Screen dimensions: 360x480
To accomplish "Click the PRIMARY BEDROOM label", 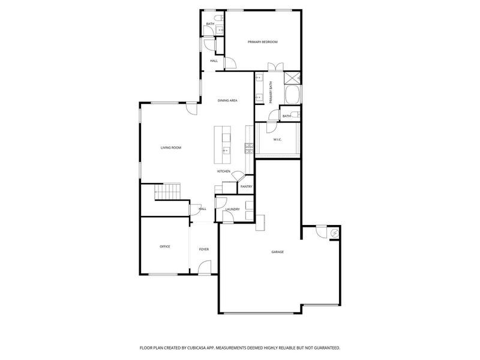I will (x=263, y=42).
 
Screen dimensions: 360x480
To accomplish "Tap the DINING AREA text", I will (x=227, y=101).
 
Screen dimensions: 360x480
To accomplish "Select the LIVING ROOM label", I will (x=170, y=148).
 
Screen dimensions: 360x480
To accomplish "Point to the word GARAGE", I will (x=277, y=251).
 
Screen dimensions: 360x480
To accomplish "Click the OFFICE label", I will (x=165, y=247).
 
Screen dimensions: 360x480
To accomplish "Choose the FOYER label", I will (x=204, y=249).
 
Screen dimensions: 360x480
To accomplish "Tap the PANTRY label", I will (x=246, y=187).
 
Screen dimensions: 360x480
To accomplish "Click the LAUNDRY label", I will (x=232, y=209).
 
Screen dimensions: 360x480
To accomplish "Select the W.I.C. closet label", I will (x=277, y=141).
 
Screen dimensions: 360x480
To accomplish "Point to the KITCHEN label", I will (x=224, y=172).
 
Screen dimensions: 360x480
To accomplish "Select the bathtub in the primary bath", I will (x=292, y=95).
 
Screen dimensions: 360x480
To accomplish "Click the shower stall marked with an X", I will (x=292, y=78).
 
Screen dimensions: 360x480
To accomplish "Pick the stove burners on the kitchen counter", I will (x=247, y=147).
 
